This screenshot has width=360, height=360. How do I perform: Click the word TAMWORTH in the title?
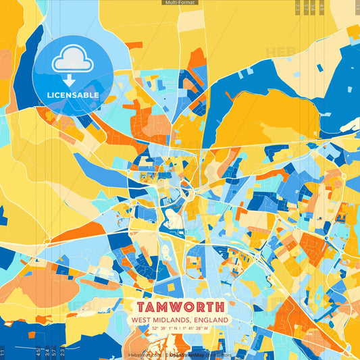(x=180, y=307)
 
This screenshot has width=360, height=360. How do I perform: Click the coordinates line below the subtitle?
(x=180, y=328)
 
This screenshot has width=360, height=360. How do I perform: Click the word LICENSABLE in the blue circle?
(x=73, y=95)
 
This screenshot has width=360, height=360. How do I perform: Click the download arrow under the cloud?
(x=73, y=79)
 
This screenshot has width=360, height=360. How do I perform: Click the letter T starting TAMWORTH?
(x=138, y=307)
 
